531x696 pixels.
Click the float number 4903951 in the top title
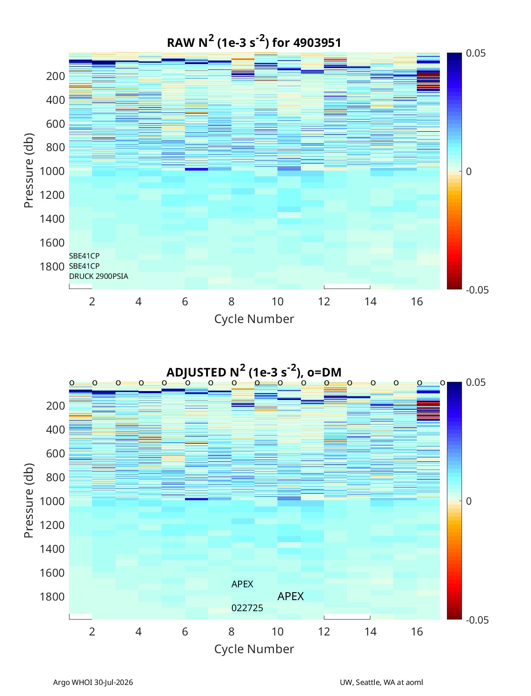click(x=317, y=43)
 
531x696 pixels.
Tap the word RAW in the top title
click(x=178, y=43)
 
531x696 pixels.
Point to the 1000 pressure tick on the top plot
click(x=52, y=171)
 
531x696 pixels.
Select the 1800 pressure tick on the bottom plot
click(x=52, y=597)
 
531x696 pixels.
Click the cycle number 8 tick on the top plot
click(x=231, y=301)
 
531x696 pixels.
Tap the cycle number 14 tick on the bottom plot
click(x=370, y=631)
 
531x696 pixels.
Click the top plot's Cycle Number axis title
click(x=254, y=319)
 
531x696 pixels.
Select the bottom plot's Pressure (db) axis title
click(x=29, y=500)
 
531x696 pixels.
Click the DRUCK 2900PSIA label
click(x=99, y=276)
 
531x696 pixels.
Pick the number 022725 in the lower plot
click(x=247, y=608)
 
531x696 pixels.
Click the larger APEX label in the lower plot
click(x=290, y=597)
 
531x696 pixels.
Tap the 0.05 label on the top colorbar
click(x=476, y=53)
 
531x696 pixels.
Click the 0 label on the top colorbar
click(x=469, y=171)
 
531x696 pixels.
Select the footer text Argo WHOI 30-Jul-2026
click(x=93, y=682)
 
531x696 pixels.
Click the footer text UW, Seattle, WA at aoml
click(x=381, y=682)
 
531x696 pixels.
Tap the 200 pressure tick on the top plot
click(x=55, y=76)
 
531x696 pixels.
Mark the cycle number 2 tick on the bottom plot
click(x=92, y=631)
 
